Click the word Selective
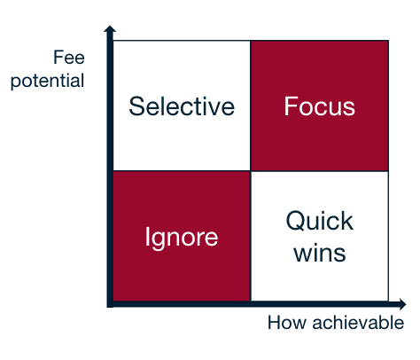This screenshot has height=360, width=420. (x=182, y=106)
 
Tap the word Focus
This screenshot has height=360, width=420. (x=320, y=106)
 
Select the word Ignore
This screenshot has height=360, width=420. (x=182, y=238)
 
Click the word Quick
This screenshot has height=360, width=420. (x=320, y=221)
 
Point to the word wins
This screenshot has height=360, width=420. (x=320, y=253)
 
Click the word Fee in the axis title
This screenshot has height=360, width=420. (x=69, y=57)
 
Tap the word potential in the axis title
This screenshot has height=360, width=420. (x=48, y=81)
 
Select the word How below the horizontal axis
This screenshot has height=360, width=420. (x=287, y=323)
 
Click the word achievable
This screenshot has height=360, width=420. (x=358, y=322)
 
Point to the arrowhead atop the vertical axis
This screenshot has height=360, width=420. (x=110, y=28)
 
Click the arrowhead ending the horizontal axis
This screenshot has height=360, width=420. (x=402, y=304)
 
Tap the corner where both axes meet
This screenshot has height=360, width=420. (x=110, y=304)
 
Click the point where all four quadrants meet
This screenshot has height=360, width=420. (x=251, y=171)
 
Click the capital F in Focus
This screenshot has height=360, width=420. (x=291, y=106)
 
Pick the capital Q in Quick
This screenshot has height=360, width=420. (x=296, y=221)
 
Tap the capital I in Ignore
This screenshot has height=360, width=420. (x=146, y=236)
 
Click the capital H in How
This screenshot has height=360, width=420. (x=275, y=323)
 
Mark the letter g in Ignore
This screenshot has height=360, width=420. (x=158, y=241)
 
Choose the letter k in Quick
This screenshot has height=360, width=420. (x=347, y=220)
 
